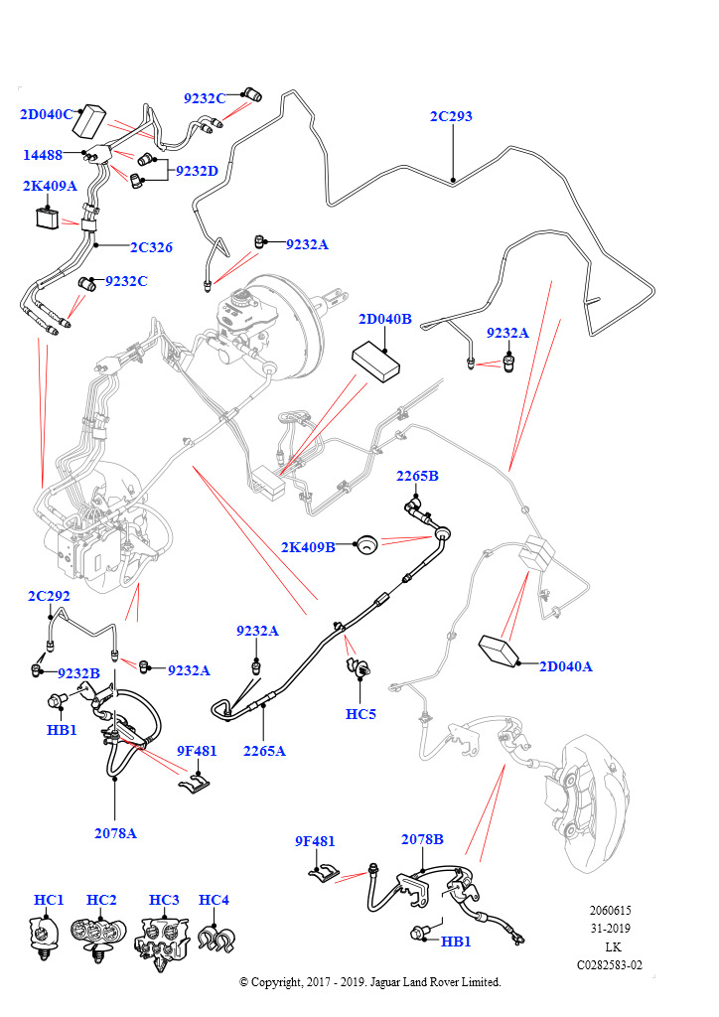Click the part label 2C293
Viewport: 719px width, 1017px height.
click(451, 116)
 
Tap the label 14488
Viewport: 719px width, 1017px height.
click(44, 155)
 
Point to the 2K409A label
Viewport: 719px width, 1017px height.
click(50, 185)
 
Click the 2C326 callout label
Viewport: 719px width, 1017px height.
click(151, 247)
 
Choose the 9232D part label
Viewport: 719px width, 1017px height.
click(197, 171)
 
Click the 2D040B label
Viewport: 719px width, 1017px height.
click(384, 319)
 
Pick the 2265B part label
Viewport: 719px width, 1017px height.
click(417, 476)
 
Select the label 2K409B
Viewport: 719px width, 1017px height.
click(308, 546)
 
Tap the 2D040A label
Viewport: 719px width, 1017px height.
click(565, 666)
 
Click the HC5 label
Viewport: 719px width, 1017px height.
click(360, 713)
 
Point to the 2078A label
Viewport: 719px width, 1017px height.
click(115, 833)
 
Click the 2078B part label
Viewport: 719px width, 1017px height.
click(422, 839)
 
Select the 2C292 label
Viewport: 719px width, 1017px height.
click(49, 596)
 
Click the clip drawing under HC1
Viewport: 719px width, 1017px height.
click(45, 938)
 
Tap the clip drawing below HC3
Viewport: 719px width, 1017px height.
click(162, 941)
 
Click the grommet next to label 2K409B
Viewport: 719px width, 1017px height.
click(367, 543)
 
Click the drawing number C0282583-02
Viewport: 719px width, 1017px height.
click(609, 964)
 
